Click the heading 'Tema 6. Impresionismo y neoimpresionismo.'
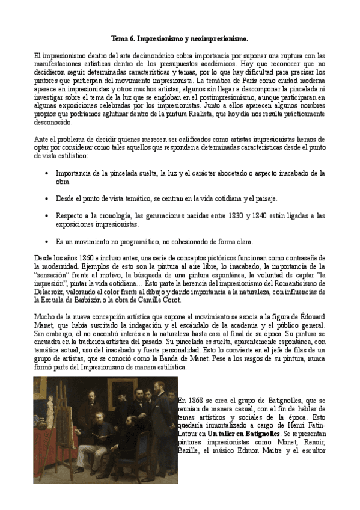[x=180, y=38]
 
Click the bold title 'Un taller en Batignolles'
[x=243, y=433]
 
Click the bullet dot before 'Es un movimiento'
[x=47, y=242]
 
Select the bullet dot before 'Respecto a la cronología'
[x=47, y=215]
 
